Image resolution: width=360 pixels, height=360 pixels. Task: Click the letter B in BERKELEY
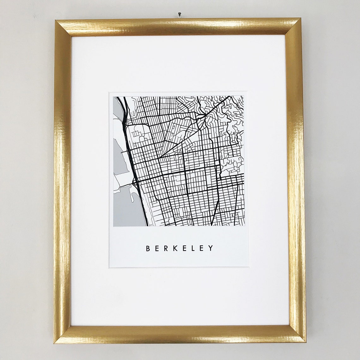pyautogui.click(x=148, y=249)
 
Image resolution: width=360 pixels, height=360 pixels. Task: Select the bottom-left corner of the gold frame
pyautogui.click(x=57, y=340)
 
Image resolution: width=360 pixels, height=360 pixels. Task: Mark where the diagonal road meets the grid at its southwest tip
pyautogui.click(x=158, y=157)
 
